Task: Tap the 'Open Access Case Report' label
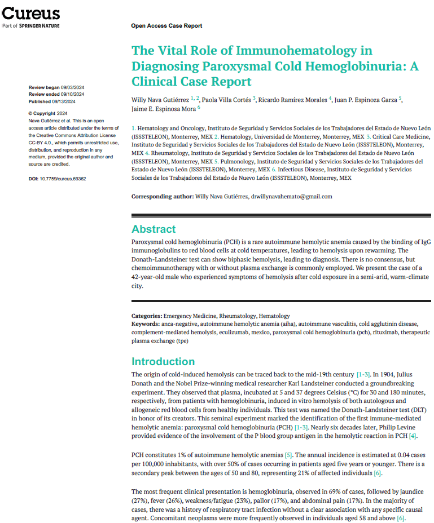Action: coord(166,26)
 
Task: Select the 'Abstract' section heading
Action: coord(154,229)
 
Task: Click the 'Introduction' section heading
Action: coord(163,362)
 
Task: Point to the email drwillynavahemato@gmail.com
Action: coord(291,197)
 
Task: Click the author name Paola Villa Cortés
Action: coord(225,100)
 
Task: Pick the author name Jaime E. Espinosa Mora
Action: coord(163,109)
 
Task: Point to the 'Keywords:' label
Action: coord(146,324)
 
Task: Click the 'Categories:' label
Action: coord(147,316)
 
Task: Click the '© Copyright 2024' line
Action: coord(50,114)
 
